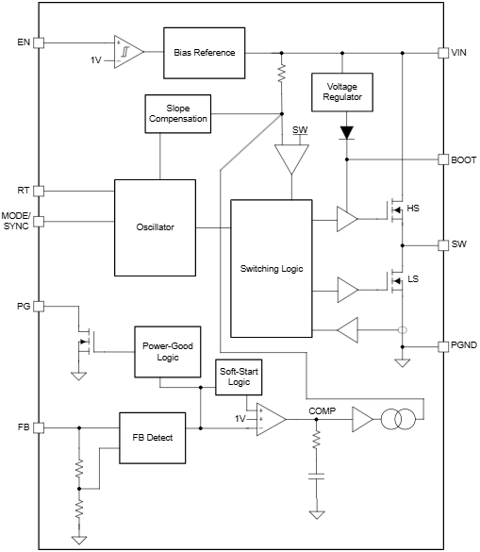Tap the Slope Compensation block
click(x=176, y=113)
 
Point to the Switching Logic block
click(x=273, y=269)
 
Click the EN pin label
click(x=23, y=42)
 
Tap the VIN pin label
click(x=460, y=53)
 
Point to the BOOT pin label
click(x=464, y=160)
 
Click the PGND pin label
click(x=464, y=346)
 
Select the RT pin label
click(x=24, y=191)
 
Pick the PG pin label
click(x=23, y=307)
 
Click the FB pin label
click(x=24, y=427)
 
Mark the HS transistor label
click(x=412, y=208)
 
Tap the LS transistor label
click(x=412, y=279)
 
